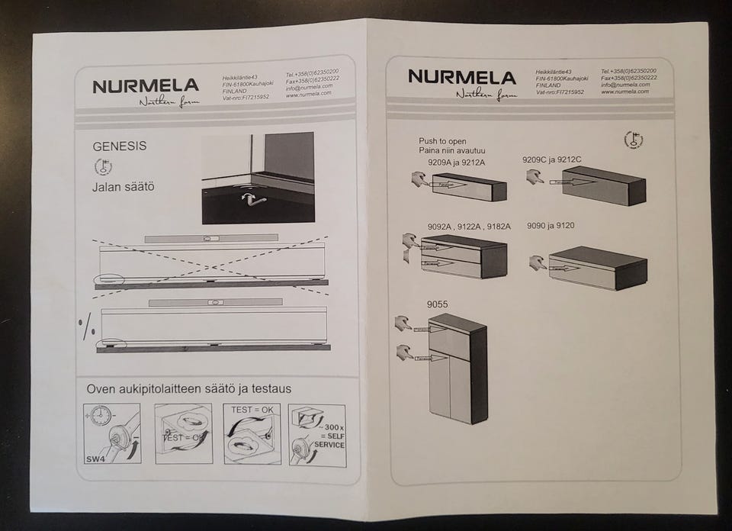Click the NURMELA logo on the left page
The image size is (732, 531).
pos(146,85)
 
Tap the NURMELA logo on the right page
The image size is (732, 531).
pos(461,76)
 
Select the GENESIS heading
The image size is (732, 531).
pos(120,145)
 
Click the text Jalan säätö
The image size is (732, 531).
pos(124,185)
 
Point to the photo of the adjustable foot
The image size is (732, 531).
pos(258,179)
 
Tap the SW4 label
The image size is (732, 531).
pos(95,459)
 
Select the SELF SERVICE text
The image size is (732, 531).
pos(329,440)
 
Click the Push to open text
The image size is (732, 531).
pos(442,141)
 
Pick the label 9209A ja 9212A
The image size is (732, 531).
pos(457,162)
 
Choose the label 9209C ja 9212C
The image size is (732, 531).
pos(552,159)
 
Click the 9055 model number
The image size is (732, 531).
pos(438,304)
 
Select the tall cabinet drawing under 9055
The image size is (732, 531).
pos(457,368)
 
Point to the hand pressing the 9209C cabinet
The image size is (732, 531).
pos(536,177)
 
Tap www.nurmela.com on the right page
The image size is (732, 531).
pos(624,92)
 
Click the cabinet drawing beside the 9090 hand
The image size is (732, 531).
pos(599,268)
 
